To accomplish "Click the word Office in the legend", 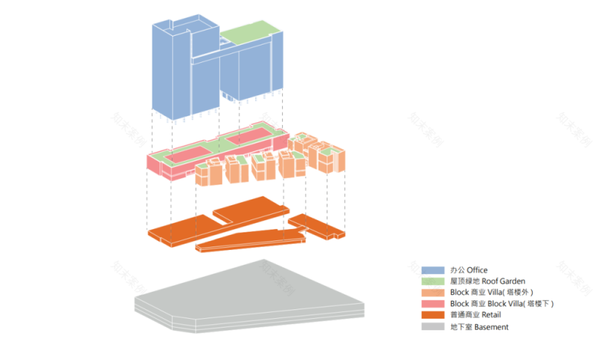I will point(477,270).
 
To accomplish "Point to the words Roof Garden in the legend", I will point(498,281).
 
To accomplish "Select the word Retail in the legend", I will point(491,315).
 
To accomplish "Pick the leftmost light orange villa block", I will point(205,174).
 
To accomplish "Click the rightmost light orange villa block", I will point(332,160).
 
